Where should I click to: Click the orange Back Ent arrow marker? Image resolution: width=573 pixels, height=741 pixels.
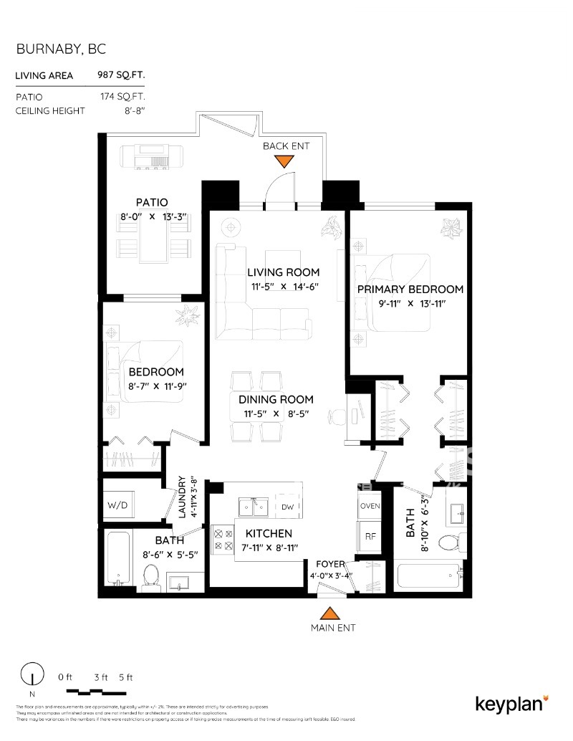click(x=284, y=161)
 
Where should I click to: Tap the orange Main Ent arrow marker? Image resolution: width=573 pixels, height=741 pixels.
click(x=329, y=614)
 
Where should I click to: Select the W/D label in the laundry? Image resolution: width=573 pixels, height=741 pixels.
click(x=117, y=505)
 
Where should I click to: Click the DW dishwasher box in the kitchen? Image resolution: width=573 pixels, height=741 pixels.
click(x=288, y=507)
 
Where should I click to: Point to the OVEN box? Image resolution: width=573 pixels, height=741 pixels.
click(x=370, y=505)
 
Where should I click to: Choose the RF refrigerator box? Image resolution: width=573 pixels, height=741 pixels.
click(x=370, y=535)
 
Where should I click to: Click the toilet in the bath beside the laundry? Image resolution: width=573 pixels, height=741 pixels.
click(x=150, y=575)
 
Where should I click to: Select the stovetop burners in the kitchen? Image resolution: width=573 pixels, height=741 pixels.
click(x=221, y=538)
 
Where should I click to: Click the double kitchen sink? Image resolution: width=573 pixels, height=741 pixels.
click(x=255, y=507)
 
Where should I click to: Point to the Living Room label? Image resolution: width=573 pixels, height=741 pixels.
click(x=284, y=272)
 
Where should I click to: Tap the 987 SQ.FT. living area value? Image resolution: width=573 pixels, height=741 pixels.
click(x=121, y=75)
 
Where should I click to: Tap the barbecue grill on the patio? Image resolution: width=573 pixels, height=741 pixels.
click(x=152, y=156)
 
